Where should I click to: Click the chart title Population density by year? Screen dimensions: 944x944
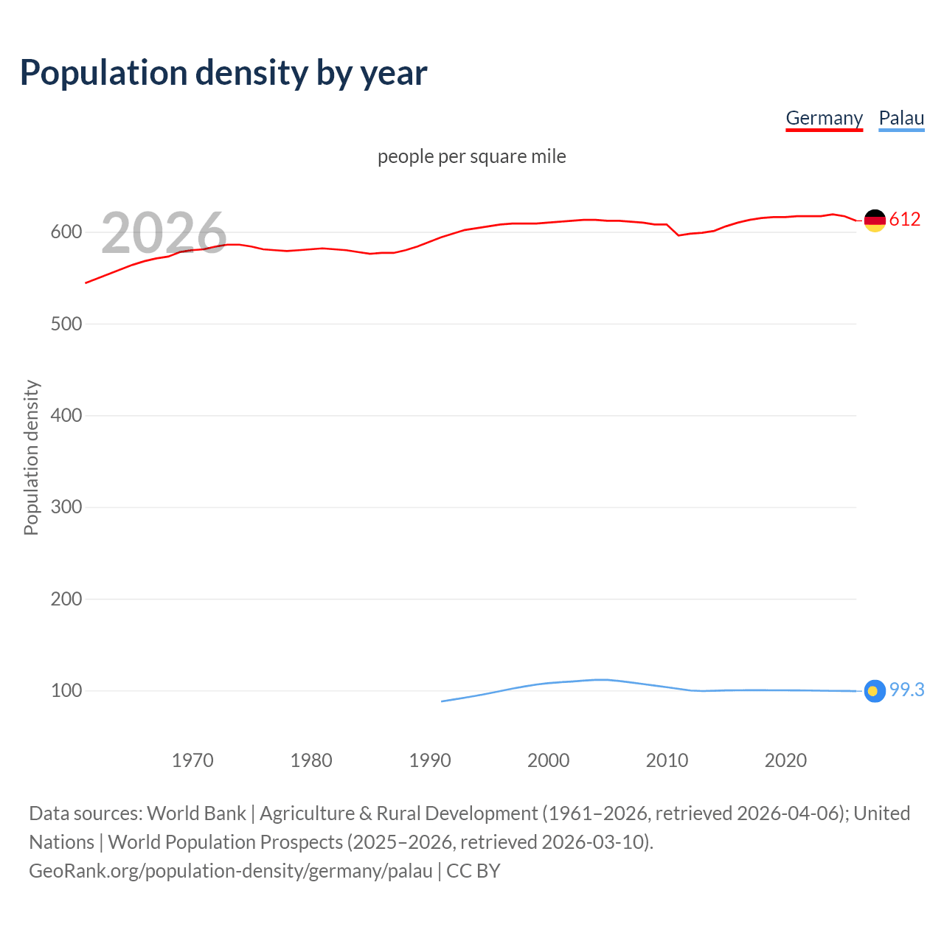pyautogui.click(x=223, y=73)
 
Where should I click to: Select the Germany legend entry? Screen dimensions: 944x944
pyautogui.click(x=824, y=118)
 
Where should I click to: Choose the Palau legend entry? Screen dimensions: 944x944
pyautogui.click(x=901, y=118)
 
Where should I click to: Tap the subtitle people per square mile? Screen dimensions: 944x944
pyautogui.click(x=471, y=156)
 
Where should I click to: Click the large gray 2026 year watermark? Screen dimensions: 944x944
pyautogui.click(x=164, y=233)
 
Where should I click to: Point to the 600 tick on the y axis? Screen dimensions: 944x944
pyautogui.click(x=66, y=232)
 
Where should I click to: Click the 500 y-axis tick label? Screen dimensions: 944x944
pyautogui.click(x=66, y=324)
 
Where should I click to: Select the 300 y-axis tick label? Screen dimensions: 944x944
pyautogui.click(x=66, y=507)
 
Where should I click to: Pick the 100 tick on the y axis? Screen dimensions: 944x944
pyautogui.click(x=66, y=691)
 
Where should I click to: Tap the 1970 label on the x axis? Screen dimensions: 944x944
pyautogui.click(x=192, y=760)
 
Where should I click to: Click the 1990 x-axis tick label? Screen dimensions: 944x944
pyautogui.click(x=430, y=760)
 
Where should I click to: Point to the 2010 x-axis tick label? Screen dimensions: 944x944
pyautogui.click(x=667, y=760)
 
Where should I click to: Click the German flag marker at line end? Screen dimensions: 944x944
pyautogui.click(x=875, y=220)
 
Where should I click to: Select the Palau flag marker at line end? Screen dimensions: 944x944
pyautogui.click(x=875, y=691)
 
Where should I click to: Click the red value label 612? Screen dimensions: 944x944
pyautogui.click(x=905, y=219)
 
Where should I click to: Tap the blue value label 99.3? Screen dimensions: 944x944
pyautogui.click(x=906, y=690)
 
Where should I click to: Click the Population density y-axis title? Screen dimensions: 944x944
pyautogui.click(x=31, y=457)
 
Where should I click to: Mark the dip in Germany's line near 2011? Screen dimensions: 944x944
pyautogui.click(x=678, y=235)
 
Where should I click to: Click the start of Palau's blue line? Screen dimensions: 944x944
pyautogui.click(x=442, y=701)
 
